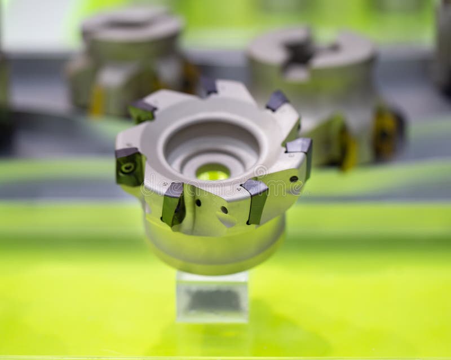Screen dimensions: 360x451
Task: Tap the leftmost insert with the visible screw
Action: click(x=129, y=166)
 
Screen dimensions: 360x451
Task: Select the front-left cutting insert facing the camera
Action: click(x=173, y=204)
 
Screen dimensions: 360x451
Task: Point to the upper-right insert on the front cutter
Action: click(x=277, y=101)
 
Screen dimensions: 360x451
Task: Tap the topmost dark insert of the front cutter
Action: click(x=208, y=86)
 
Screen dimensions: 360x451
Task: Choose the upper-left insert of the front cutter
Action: click(x=142, y=110)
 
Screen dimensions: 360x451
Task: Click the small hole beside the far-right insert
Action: click(x=294, y=179)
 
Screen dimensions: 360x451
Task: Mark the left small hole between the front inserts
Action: click(x=198, y=203)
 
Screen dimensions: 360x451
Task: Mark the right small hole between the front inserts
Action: click(x=224, y=209)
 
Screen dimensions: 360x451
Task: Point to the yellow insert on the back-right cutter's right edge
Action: click(x=388, y=132)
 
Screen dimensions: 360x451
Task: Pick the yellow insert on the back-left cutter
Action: click(x=96, y=100)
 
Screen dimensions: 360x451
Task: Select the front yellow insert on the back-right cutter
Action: click(x=348, y=149)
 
